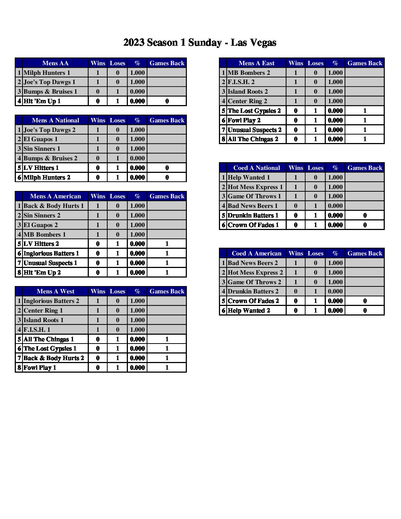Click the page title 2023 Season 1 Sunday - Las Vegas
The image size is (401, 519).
tap(200, 43)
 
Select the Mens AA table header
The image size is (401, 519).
tap(55, 63)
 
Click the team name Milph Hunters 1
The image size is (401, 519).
tap(47, 73)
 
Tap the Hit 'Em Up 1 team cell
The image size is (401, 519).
tap(42, 101)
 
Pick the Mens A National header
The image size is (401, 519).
tap(55, 120)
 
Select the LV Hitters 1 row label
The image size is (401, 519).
tap(41, 168)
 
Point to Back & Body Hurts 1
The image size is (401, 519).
tap(54, 206)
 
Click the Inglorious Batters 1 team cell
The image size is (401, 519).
tap(51, 253)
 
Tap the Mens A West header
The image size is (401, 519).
tap(55, 291)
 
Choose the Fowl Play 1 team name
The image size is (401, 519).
tap(40, 368)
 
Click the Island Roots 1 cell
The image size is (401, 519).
tap(43, 320)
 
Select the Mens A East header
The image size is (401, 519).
tap(257, 63)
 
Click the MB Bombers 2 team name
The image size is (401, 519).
tap(249, 73)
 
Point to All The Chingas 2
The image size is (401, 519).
tap(253, 139)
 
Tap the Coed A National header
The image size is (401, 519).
tap(257, 168)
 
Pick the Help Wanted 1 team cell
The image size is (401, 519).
tap(249, 177)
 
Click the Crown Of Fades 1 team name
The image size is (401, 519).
tap(253, 225)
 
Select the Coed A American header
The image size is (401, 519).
tap(257, 253)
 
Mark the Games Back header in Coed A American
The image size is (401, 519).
tap(365, 253)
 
